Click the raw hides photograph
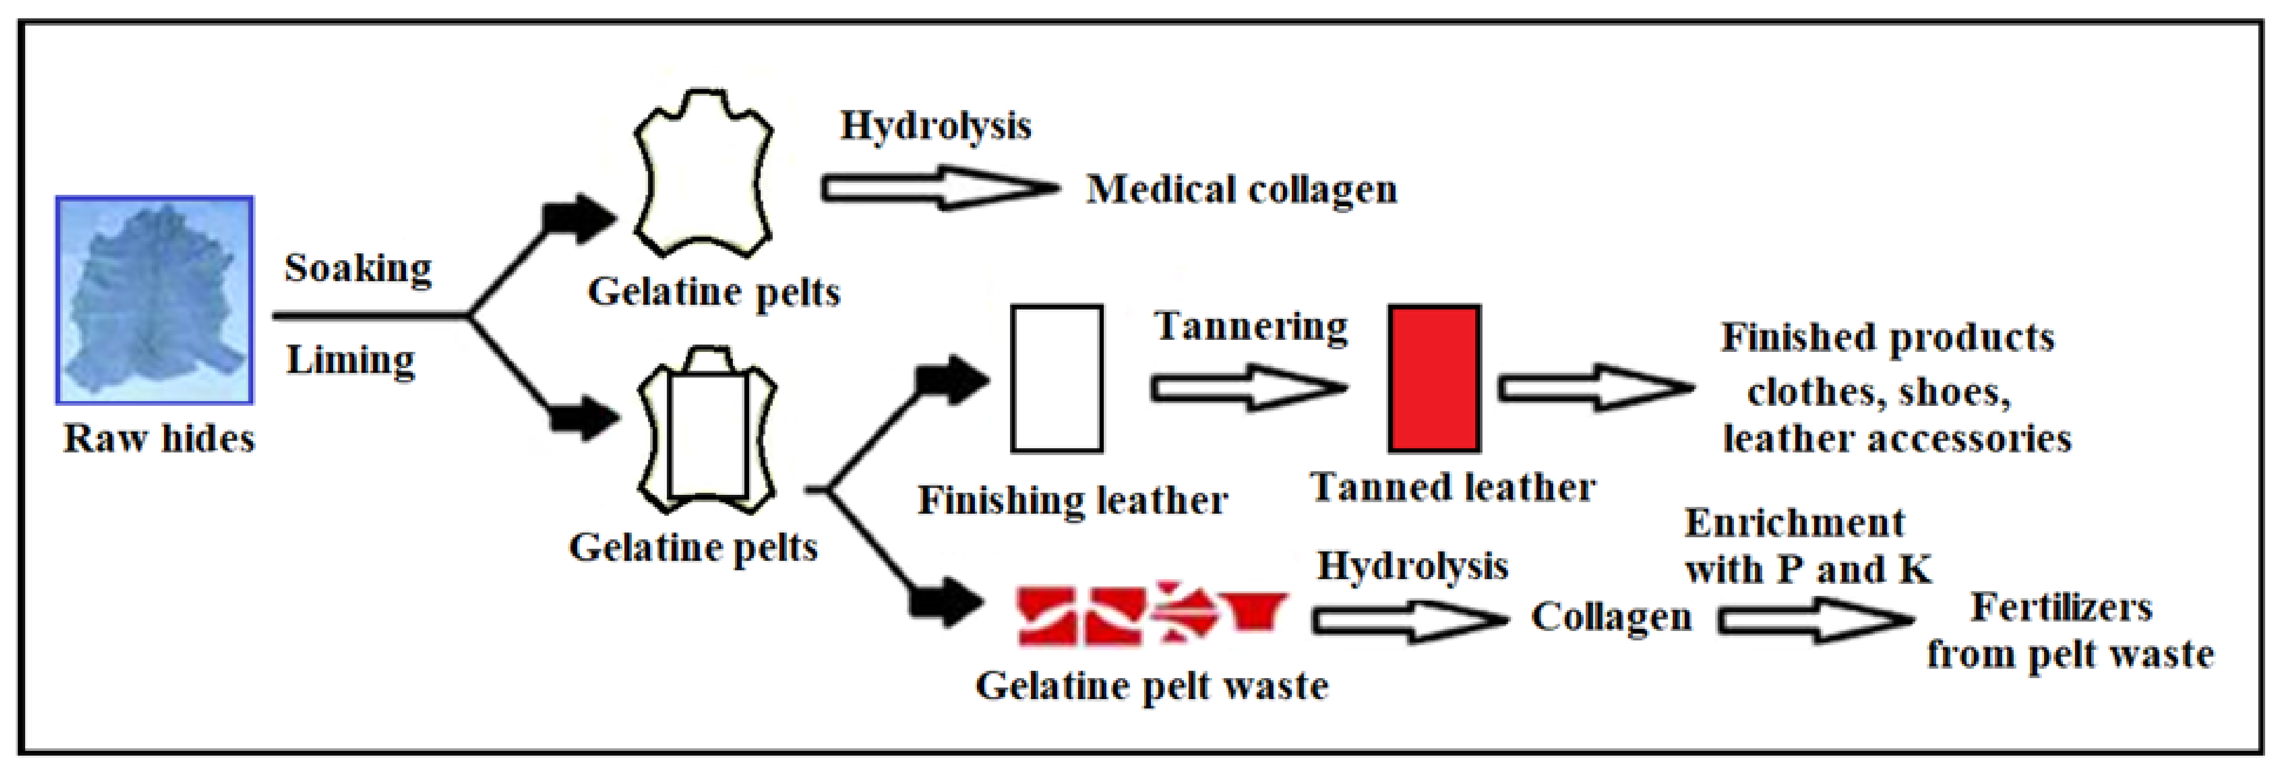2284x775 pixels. click(155, 300)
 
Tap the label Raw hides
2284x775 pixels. click(160, 439)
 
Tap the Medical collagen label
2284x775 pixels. click(1242, 190)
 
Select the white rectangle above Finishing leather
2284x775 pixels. click(1057, 379)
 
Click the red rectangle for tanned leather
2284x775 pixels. click(1434, 379)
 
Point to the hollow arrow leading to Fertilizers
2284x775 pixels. click(1814, 621)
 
